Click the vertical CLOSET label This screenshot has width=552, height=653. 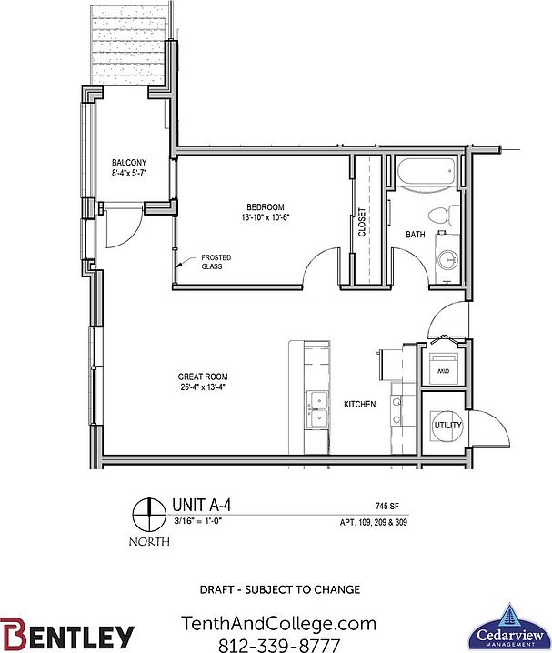click(x=362, y=222)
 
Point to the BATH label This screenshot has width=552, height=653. click(x=416, y=235)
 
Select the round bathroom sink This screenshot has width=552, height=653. click(x=447, y=260)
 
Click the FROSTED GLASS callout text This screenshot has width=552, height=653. click(x=211, y=262)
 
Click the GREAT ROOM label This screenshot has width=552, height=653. click(x=203, y=377)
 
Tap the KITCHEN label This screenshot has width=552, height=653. click(x=359, y=404)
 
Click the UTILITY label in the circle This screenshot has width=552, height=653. click(x=447, y=426)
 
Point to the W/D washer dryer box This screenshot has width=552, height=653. click(x=446, y=371)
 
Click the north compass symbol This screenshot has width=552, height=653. click(x=143, y=517)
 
